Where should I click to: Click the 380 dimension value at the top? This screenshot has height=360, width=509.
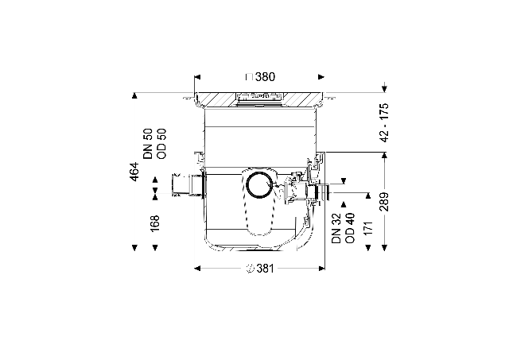265,77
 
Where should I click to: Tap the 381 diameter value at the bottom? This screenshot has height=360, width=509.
265,269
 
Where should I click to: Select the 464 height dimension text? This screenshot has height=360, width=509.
134,172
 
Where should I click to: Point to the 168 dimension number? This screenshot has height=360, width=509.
155,223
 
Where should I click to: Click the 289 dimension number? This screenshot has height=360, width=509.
384,202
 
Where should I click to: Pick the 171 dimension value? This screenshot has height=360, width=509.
367,228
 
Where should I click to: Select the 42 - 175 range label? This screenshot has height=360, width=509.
384,122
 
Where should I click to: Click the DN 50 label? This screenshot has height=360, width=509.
148,144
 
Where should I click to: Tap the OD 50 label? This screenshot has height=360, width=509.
161,144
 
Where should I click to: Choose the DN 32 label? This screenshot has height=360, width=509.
336,228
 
